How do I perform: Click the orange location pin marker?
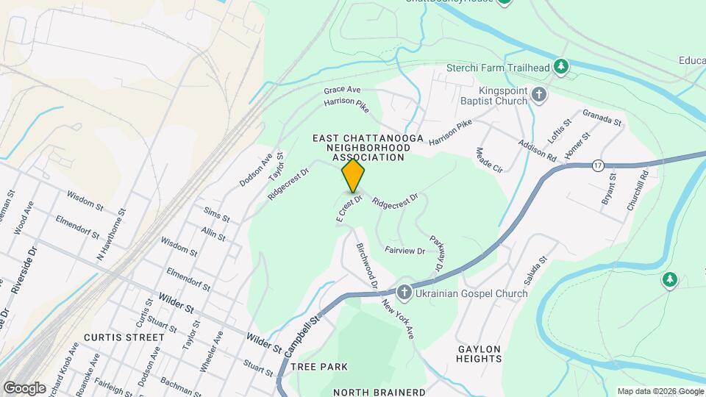[x=353, y=175]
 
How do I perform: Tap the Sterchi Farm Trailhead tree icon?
[x=561, y=68]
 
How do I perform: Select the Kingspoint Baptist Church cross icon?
[x=539, y=94]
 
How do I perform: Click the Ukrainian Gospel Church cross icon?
[x=404, y=293]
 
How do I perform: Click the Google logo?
[x=24, y=388]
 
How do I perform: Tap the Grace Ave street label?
[x=342, y=90]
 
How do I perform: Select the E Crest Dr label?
[x=350, y=209]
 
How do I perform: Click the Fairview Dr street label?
[x=404, y=251]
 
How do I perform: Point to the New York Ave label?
[x=398, y=321]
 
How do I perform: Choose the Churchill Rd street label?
[x=637, y=191]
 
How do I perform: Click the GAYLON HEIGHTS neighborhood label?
[x=479, y=354]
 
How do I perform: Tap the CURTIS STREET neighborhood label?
[x=124, y=337]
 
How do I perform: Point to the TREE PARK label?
[x=318, y=366]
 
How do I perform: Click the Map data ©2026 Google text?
[x=660, y=391]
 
